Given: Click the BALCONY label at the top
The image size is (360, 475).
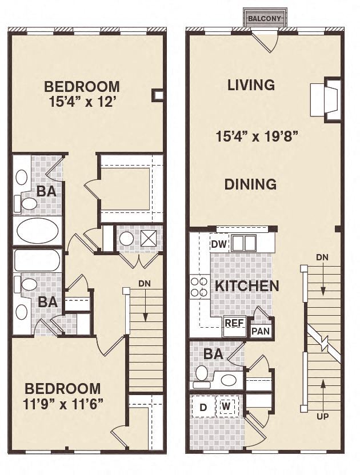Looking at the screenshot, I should point(265,19).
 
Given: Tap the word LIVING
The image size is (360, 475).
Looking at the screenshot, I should point(251,85).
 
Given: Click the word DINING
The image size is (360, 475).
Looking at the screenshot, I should point(250,184).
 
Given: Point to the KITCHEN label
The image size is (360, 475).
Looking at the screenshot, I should point(247,286).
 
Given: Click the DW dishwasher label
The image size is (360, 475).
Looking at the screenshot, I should point(219,244).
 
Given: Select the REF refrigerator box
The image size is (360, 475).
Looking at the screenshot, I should point(234,323).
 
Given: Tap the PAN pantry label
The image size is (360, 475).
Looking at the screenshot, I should point(261,331).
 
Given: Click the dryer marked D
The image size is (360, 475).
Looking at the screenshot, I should point(203,408).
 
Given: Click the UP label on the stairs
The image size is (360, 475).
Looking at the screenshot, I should point(323,416).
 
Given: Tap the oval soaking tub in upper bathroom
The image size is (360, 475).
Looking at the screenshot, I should point(37,231).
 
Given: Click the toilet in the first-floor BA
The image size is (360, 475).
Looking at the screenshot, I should point(201,373).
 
